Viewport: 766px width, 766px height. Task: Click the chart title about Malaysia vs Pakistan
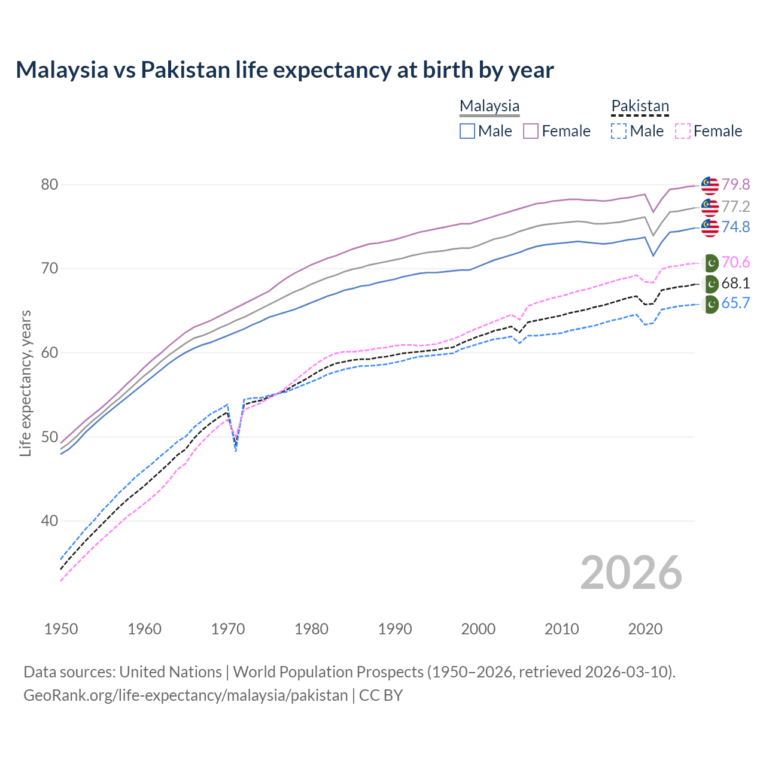point(284,70)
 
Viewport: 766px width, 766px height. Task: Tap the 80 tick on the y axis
point(50,184)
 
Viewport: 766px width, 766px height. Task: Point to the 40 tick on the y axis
point(50,521)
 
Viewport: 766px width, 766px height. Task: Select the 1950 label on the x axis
point(61,629)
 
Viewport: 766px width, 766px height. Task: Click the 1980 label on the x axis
point(311,629)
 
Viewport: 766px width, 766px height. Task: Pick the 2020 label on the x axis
point(645,629)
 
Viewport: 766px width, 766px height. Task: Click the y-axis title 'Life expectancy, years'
point(25,383)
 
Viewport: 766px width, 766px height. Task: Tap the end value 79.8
point(735,184)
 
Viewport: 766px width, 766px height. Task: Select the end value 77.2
point(735,206)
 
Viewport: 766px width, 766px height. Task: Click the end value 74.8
point(735,227)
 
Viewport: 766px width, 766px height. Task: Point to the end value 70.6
point(735,262)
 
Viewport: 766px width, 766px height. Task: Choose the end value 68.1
point(735,283)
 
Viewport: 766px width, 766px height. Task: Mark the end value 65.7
point(735,303)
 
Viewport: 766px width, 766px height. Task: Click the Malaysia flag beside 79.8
point(710,186)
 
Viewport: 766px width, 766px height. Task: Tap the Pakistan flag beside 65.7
point(710,304)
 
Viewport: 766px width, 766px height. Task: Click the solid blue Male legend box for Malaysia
point(467,131)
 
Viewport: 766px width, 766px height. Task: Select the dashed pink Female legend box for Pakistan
point(683,131)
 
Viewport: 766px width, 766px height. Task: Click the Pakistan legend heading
point(640,106)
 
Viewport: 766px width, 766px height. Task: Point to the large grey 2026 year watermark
point(631,573)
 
